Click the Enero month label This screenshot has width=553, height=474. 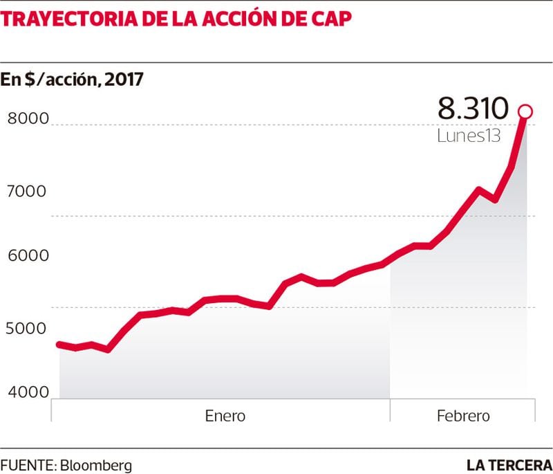(x=225, y=416)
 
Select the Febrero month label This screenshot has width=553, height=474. (x=463, y=416)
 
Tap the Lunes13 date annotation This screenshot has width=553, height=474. (x=468, y=136)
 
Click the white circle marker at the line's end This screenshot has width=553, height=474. (x=525, y=111)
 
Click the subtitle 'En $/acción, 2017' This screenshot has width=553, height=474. (x=72, y=80)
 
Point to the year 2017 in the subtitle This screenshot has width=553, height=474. (x=124, y=80)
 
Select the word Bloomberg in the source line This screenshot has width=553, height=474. (x=96, y=464)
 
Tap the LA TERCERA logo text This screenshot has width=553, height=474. (x=509, y=464)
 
